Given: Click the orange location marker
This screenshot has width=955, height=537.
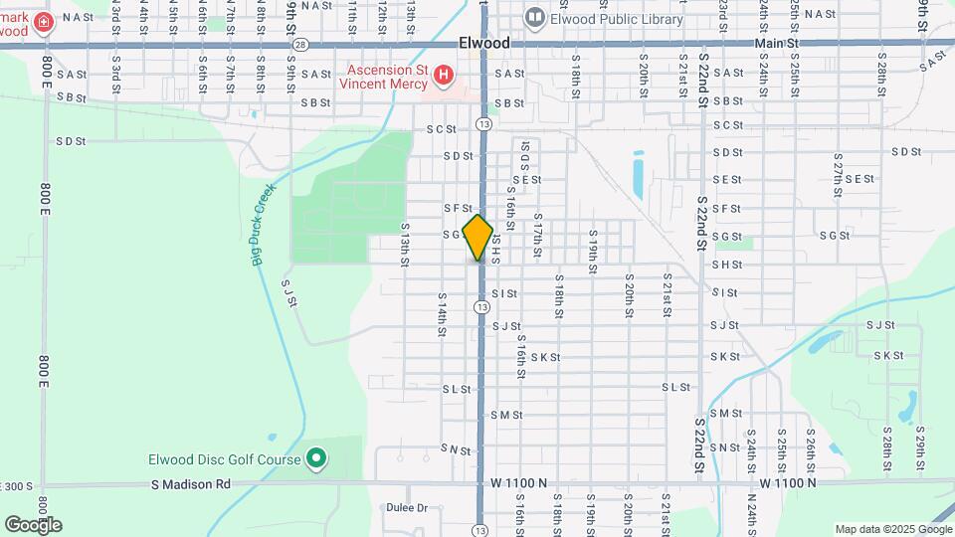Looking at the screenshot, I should click(478, 238).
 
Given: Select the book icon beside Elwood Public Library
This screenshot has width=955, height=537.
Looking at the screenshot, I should click(536, 19).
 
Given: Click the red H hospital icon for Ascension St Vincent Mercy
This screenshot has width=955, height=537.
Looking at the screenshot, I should click(444, 74).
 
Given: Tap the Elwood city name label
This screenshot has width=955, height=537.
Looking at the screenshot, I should click(485, 44).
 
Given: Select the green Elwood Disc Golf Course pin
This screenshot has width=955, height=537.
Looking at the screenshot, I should click(316, 458).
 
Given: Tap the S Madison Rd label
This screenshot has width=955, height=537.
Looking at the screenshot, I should click(191, 484).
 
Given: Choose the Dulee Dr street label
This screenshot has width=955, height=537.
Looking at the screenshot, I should click(407, 507).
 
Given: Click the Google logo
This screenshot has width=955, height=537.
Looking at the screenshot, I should click(34, 524).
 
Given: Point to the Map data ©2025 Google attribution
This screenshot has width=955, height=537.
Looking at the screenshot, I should click(892, 529).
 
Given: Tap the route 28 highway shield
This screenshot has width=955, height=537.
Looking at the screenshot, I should click(301, 44).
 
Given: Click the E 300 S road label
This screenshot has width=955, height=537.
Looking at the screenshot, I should click(18, 485).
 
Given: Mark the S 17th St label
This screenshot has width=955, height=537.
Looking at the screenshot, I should click(538, 236).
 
